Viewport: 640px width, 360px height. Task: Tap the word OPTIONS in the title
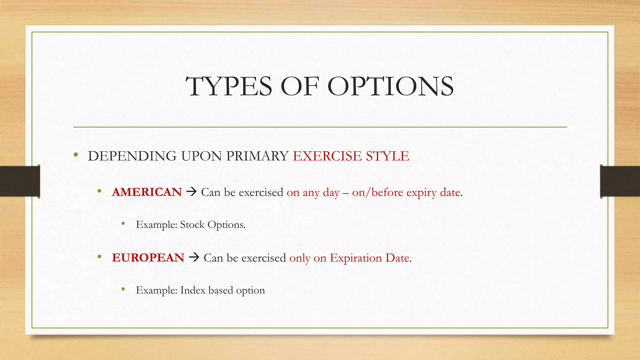pos(390,87)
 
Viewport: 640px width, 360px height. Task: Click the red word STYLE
pos(387,156)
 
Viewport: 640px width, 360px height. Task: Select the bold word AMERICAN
pos(147,192)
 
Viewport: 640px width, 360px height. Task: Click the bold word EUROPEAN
pos(148,257)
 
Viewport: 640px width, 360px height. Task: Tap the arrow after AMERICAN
pos(191,192)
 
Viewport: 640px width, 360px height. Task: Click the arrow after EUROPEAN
pos(194,257)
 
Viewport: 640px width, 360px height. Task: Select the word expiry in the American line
pos(421,192)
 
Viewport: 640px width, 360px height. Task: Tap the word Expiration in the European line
pos(356,258)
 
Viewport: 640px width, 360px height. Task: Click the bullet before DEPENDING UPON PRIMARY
pos(76,155)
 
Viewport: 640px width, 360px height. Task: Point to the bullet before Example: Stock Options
pos(123,223)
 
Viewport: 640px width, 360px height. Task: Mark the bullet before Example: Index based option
pos(123,289)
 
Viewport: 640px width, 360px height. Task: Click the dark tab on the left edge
pos(20,181)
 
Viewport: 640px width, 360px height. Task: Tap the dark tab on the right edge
pos(620,181)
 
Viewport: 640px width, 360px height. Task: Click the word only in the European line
pos(300,258)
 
